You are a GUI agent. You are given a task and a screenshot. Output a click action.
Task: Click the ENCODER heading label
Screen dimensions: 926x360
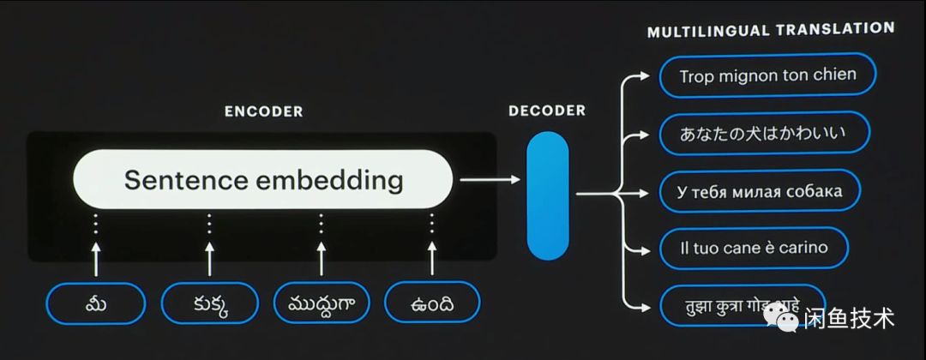263,111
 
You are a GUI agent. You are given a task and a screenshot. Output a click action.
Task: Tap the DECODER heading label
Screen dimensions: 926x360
547,111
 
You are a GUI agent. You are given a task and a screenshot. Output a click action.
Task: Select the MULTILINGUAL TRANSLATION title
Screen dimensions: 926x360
771,29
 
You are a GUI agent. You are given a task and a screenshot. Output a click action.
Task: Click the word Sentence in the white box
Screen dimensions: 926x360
181,180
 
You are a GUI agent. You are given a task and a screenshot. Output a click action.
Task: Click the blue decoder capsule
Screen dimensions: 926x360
547,195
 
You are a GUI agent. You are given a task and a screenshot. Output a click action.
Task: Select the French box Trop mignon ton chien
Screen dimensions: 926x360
767,75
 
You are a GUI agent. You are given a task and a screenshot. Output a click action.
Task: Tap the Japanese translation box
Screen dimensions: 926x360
764,133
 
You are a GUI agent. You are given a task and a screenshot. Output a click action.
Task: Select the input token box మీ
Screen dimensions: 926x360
95,303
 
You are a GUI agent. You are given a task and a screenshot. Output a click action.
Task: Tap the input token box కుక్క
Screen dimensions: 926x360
209,303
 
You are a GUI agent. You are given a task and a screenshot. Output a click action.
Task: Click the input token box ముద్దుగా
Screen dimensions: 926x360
321,303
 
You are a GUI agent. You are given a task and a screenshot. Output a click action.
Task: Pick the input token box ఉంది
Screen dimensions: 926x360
432,303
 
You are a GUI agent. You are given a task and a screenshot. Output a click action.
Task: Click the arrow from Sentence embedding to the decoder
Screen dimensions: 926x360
489,180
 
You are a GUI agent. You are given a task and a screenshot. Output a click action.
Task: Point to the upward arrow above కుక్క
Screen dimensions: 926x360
209,257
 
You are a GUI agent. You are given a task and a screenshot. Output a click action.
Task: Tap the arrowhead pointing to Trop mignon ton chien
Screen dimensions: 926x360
646,75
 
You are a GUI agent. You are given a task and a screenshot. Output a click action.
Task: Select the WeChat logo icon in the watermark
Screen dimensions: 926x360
782,317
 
